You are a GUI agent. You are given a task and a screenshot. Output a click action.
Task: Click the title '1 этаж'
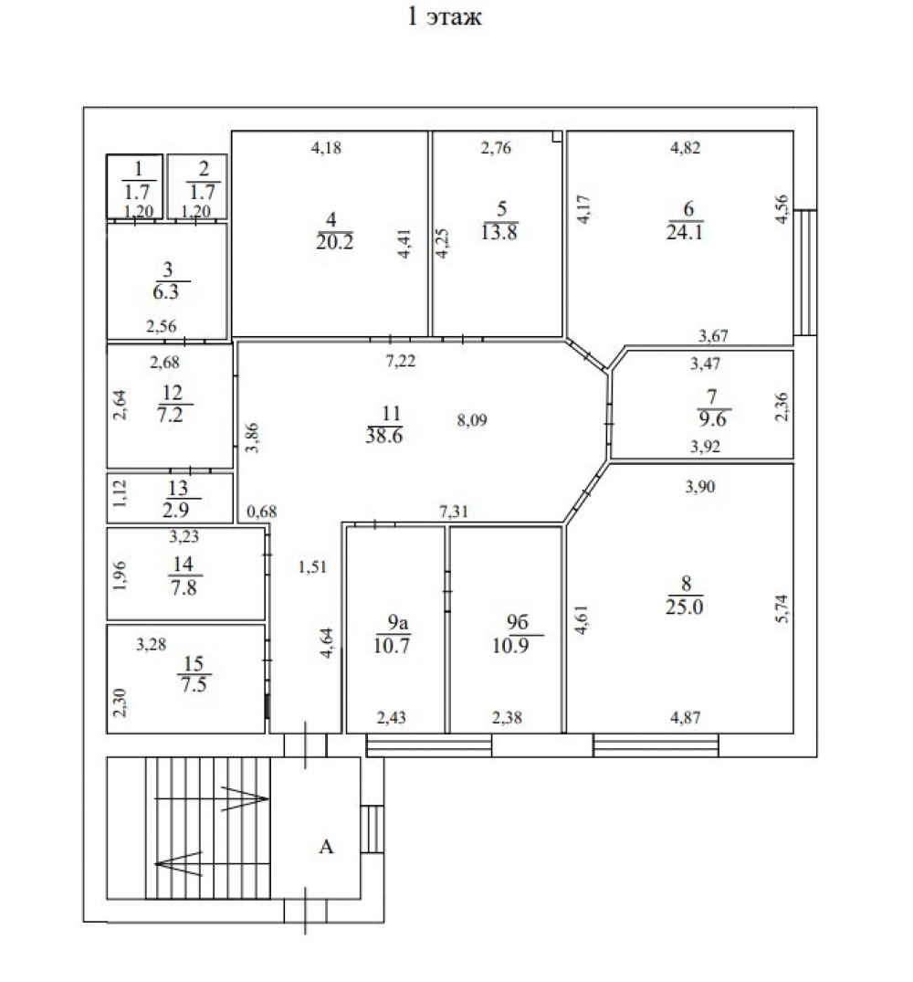point(445,16)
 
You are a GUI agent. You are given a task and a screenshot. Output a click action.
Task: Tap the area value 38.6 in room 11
point(384,436)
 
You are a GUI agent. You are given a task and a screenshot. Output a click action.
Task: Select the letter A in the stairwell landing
point(326,847)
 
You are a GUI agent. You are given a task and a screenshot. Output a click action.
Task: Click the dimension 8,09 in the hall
point(472,419)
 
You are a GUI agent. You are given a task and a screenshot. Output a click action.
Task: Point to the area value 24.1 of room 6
point(685,232)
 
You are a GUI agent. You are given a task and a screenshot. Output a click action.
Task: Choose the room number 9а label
point(398,622)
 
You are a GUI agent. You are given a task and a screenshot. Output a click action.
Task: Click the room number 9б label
point(518,622)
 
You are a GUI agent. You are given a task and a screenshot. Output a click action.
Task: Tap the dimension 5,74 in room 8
point(782,608)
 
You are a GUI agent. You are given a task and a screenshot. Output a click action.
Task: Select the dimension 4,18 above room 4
point(326,148)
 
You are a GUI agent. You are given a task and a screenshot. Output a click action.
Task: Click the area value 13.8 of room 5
point(499,232)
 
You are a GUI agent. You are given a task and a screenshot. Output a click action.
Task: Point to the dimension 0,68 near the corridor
point(261,511)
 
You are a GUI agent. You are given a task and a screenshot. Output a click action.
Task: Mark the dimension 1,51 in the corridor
point(312,566)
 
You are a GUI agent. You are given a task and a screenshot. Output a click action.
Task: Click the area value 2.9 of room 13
point(176,510)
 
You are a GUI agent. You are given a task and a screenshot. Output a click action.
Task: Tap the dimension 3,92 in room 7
point(705,446)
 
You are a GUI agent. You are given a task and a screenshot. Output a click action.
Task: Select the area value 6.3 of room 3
point(166,291)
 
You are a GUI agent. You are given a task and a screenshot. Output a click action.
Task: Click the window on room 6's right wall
point(805,272)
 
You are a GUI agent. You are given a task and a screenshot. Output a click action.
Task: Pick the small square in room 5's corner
point(557,136)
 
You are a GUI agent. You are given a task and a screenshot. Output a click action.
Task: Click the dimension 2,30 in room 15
point(121,702)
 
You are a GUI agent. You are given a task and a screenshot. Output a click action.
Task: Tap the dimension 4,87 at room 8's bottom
point(686,717)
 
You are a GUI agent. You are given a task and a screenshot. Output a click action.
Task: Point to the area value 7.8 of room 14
point(184,587)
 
